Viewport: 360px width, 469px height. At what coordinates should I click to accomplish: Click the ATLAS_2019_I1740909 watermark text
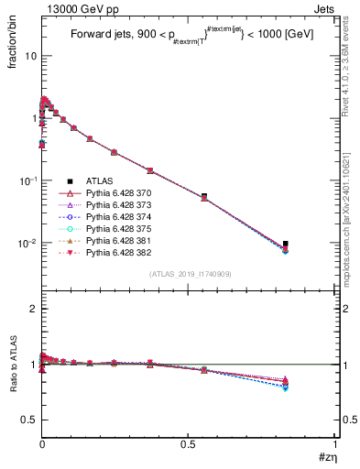click(190, 274)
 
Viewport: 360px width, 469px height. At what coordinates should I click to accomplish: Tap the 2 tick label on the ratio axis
click(33, 309)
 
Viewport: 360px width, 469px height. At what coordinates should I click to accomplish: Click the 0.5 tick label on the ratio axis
click(30, 420)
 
